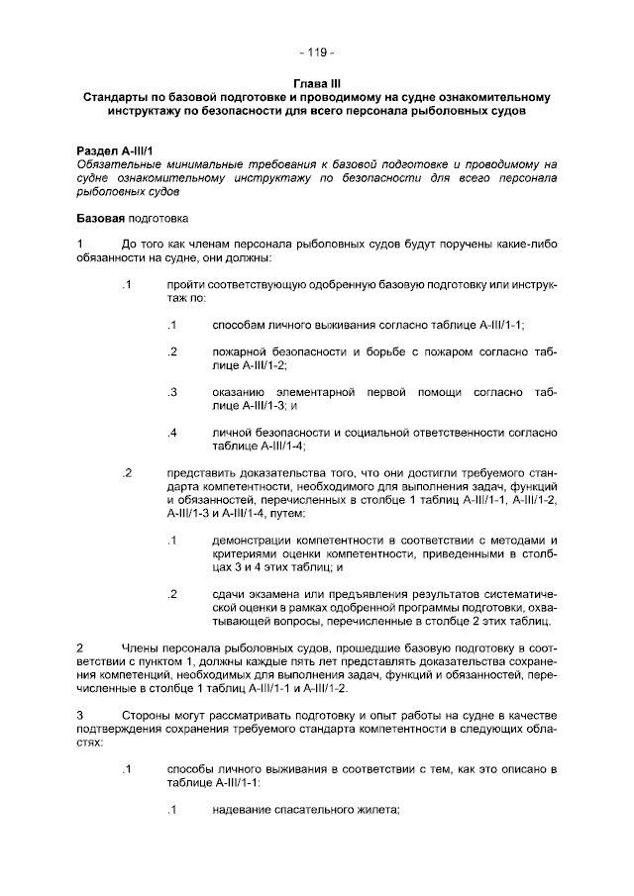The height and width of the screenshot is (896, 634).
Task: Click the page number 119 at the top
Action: click(x=317, y=51)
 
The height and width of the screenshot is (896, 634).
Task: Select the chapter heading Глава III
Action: click(x=317, y=84)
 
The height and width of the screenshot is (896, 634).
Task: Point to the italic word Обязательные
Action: click(x=116, y=163)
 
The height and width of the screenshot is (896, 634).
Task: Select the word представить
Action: click(x=201, y=473)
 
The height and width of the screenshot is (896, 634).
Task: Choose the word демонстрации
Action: click(x=253, y=541)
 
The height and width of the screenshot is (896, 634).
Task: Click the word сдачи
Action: click(x=229, y=594)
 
